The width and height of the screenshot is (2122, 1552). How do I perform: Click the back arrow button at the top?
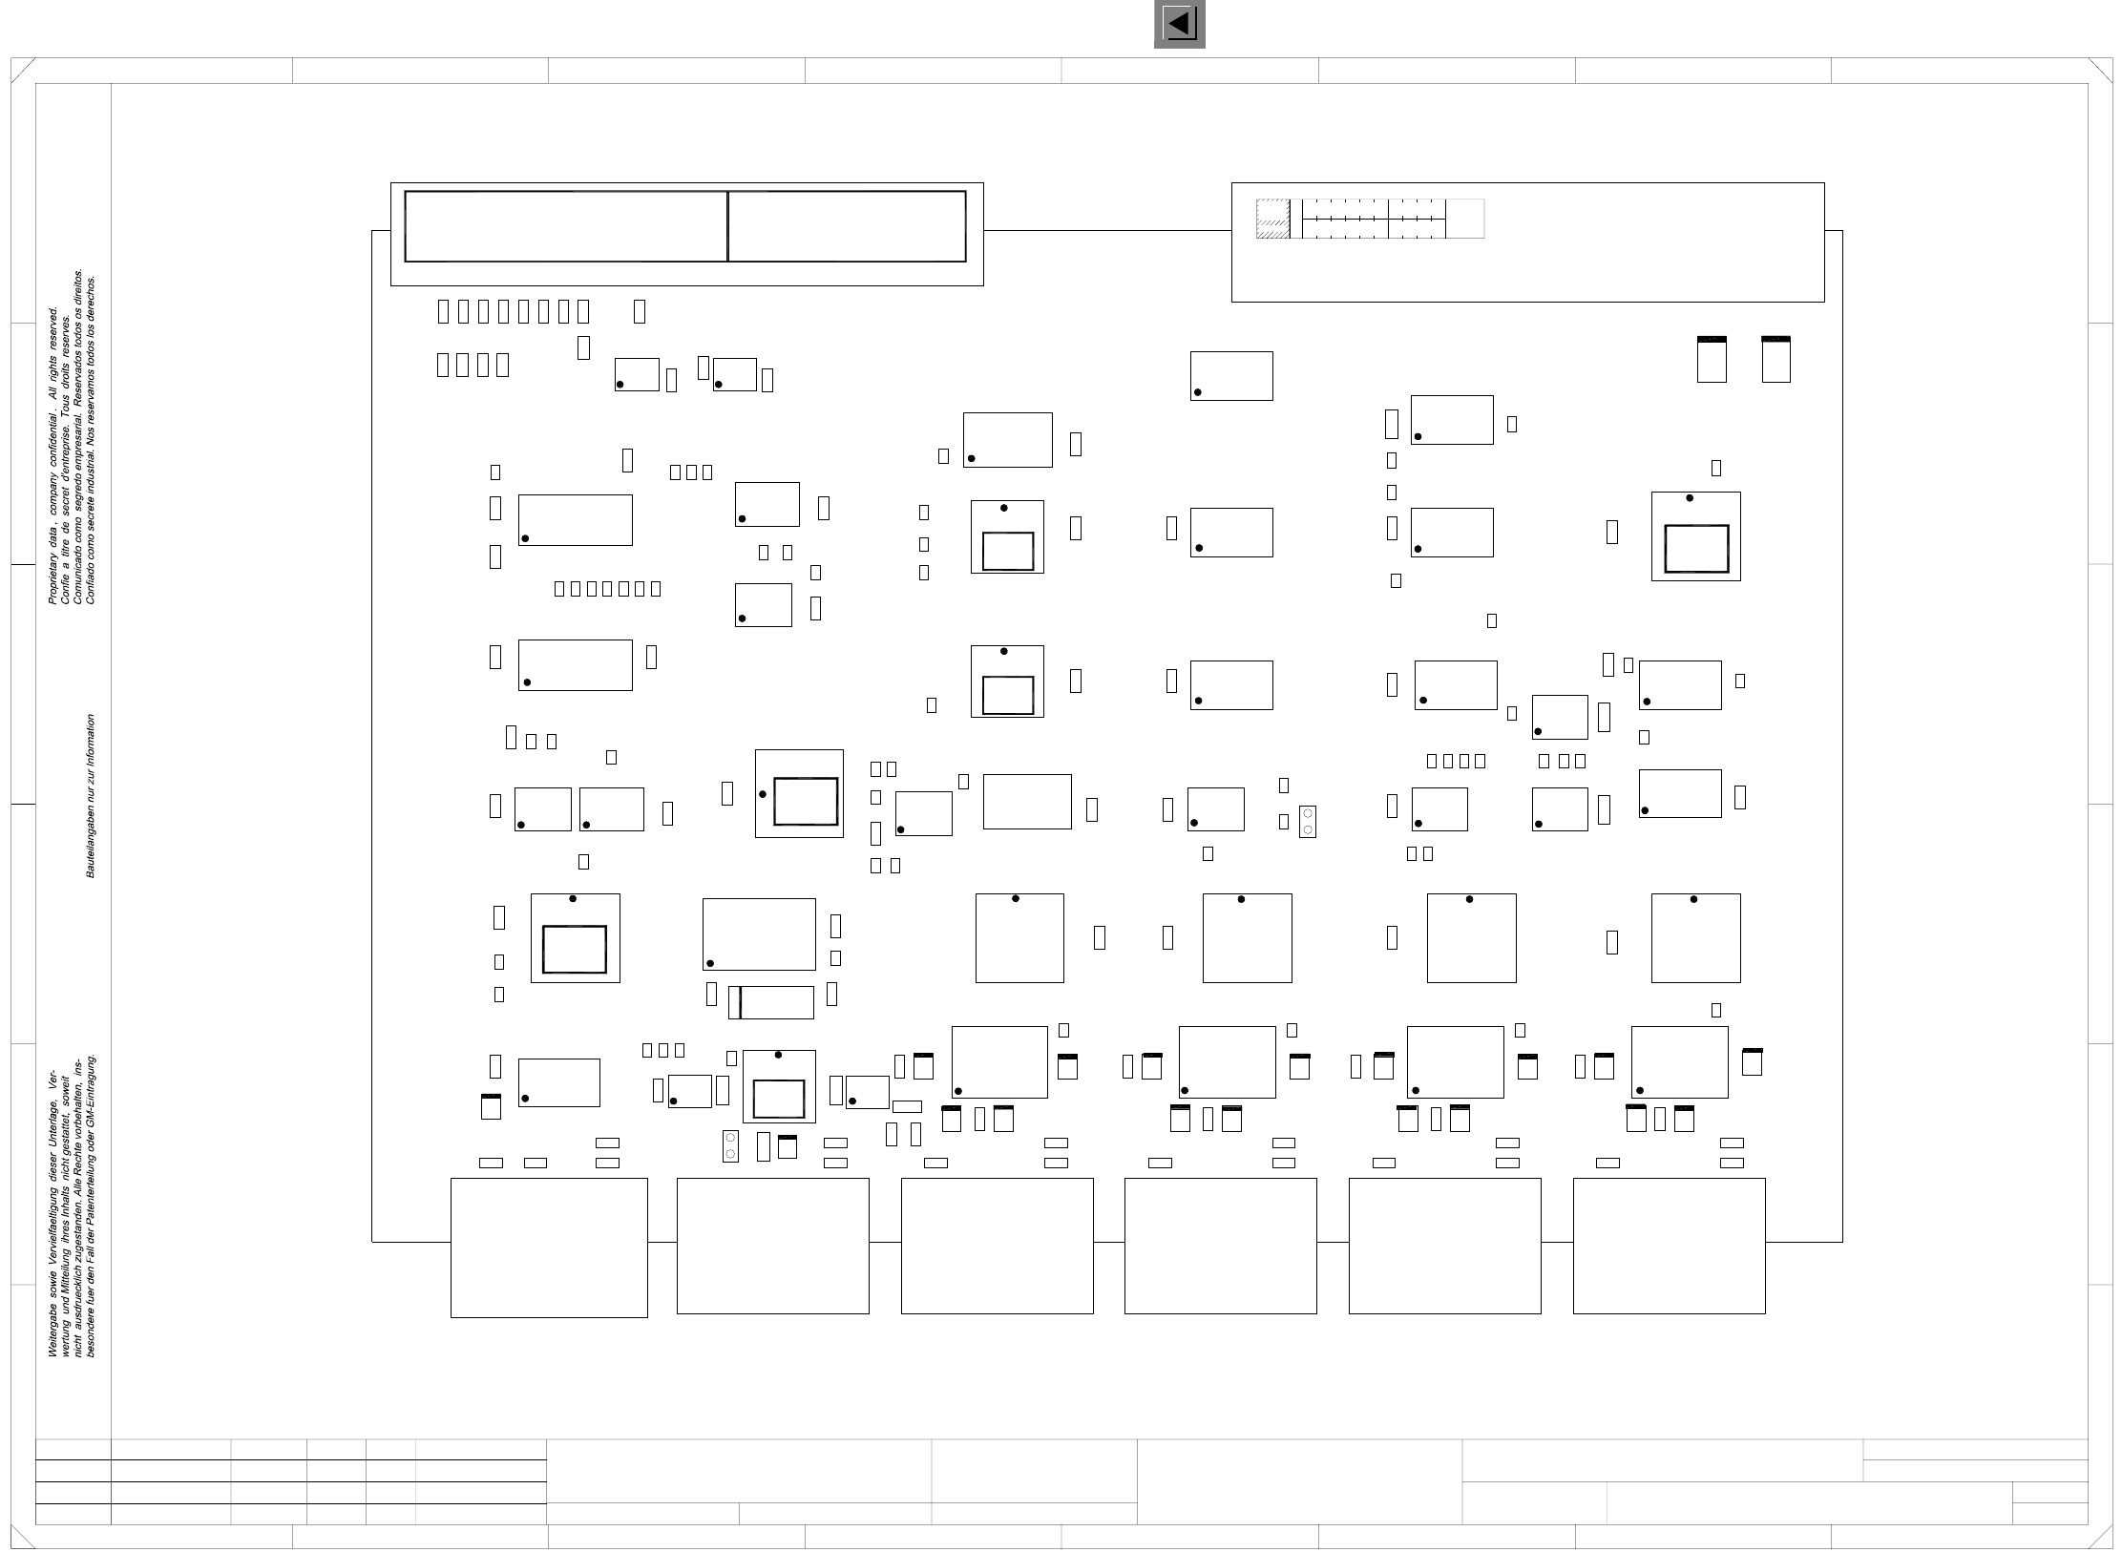coord(1179,23)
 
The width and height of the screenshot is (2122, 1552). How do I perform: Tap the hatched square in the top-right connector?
coord(1272,219)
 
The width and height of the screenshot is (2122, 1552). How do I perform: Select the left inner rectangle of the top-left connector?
coord(565,226)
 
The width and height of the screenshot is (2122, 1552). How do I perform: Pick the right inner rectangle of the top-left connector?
coord(847,226)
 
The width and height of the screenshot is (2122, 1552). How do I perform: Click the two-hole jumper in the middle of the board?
coord(1308,822)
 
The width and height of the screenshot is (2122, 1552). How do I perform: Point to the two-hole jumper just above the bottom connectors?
coord(730,1145)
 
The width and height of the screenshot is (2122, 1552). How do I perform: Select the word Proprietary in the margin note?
coord(53,577)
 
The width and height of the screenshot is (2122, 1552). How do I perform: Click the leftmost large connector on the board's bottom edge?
coord(549,1248)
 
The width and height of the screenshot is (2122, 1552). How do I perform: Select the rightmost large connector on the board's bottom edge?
coord(1669,1246)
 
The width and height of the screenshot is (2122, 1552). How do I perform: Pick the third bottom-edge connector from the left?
coord(997,1246)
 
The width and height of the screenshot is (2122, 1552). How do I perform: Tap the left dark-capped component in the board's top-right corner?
coord(1712,359)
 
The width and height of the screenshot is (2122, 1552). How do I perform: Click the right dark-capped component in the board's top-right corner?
coord(1775,359)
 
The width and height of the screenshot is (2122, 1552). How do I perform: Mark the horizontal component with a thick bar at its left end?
coord(771,1002)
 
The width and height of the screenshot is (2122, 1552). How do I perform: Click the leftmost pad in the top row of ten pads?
coord(442,311)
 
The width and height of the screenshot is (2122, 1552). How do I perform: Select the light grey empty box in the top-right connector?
coord(1465,219)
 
